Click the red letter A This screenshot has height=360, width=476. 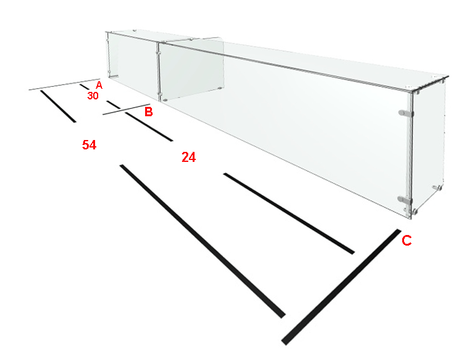tap(99, 85)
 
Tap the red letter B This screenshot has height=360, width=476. tap(148, 112)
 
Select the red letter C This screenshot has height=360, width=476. tap(407, 240)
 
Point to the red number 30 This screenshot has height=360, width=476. tap(93, 96)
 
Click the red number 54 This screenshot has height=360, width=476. tap(89, 144)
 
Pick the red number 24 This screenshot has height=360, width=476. tap(188, 157)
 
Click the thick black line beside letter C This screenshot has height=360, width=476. tap(341, 287)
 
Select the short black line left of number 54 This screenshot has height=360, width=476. tap(58, 106)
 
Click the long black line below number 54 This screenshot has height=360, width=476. tap(203, 241)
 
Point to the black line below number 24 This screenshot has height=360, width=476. tap(289, 213)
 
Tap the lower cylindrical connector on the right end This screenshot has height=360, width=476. tap(405, 199)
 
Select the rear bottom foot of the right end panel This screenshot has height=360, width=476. tap(437, 187)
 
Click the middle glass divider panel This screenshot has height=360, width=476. tap(191, 69)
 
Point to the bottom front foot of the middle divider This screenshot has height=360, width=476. tap(165, 99)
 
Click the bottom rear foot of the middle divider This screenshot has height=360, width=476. tap(219, 88)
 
